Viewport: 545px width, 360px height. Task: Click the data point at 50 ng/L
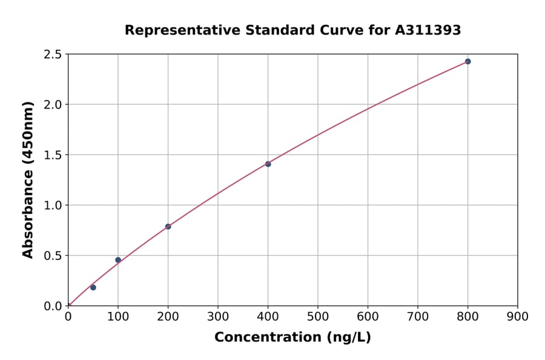93,287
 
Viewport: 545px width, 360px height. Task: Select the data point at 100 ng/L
118,260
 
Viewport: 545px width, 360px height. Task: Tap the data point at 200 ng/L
168,227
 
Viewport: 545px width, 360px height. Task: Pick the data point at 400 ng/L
268,164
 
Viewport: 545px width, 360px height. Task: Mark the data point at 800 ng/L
467,61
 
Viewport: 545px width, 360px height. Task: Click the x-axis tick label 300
218,316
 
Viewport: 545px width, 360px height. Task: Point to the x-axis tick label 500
318,316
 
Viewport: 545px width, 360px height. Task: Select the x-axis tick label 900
518,316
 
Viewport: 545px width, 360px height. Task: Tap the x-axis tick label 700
418,316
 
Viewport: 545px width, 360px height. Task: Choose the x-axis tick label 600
368,316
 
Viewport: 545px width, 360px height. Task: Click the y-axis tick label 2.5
53,55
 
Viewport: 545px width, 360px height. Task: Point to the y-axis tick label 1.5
53,155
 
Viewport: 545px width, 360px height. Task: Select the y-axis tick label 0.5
53,256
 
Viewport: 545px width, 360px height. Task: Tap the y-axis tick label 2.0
53,105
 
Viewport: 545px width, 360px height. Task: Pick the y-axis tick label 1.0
53,205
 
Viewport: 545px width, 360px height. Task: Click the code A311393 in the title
428,30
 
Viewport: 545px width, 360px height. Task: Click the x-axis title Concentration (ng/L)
292,338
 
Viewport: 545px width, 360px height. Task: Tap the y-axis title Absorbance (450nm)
28,180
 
